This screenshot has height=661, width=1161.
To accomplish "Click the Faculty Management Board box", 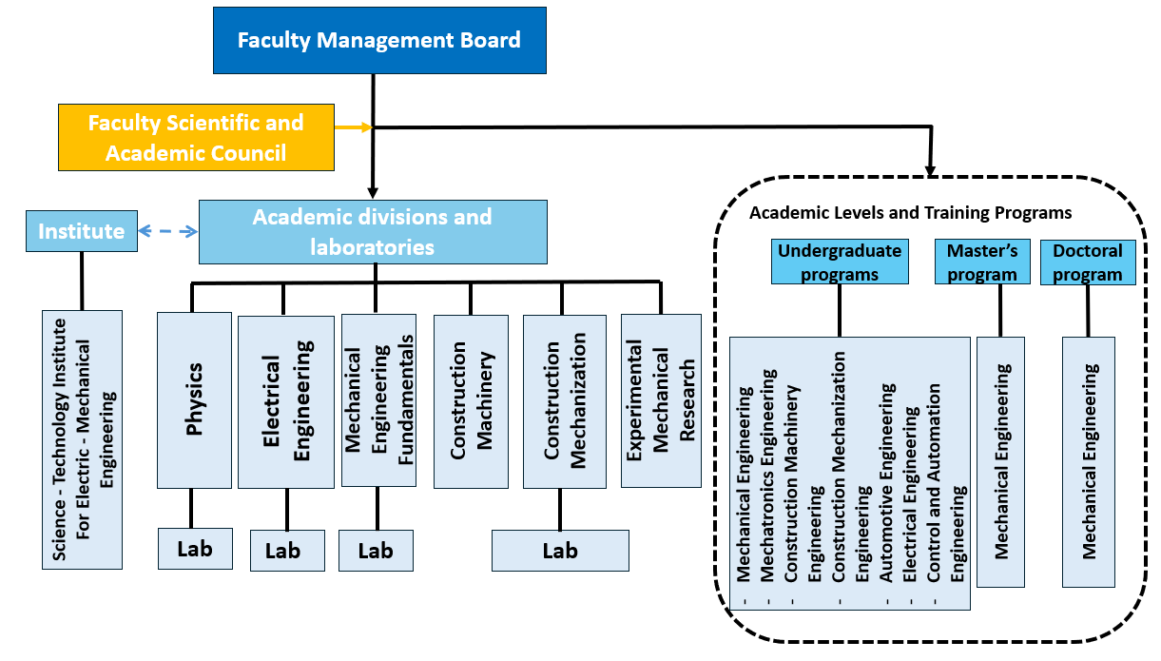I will (x=379, y=40).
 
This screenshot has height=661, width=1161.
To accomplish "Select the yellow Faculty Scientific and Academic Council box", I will (x=196, y=137).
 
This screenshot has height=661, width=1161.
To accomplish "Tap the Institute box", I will (x=82, y=231).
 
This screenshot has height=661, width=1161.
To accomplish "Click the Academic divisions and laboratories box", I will (x=373, y=231).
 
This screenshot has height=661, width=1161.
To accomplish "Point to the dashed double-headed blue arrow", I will (x=168, y=231).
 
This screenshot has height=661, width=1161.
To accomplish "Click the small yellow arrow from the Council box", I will (x=352, y=127).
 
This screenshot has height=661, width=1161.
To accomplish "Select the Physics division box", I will (x=195, y=400).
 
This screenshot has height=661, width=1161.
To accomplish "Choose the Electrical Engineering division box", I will (x=286, y=402).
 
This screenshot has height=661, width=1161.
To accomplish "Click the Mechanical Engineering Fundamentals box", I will (x=377, y=400).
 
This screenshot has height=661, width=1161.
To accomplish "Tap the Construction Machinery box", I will (x=471, y=400).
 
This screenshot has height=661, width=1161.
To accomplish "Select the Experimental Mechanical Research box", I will (x=660, y=399).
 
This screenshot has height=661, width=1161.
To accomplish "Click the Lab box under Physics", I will (x=195, y=549).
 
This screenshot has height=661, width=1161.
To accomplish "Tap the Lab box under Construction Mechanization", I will (x=560, y=551).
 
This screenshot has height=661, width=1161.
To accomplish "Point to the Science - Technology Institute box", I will (x=82, y=438).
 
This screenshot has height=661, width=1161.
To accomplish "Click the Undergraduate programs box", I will (x=839, y=262).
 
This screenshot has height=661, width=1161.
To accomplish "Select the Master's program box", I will (x=982, y=262).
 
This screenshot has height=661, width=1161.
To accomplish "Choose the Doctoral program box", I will (x=1088, y=262).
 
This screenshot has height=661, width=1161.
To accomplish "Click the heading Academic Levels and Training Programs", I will (x=910, y=212).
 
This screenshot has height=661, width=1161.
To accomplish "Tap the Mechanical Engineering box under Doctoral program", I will (x=1088, y=460).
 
